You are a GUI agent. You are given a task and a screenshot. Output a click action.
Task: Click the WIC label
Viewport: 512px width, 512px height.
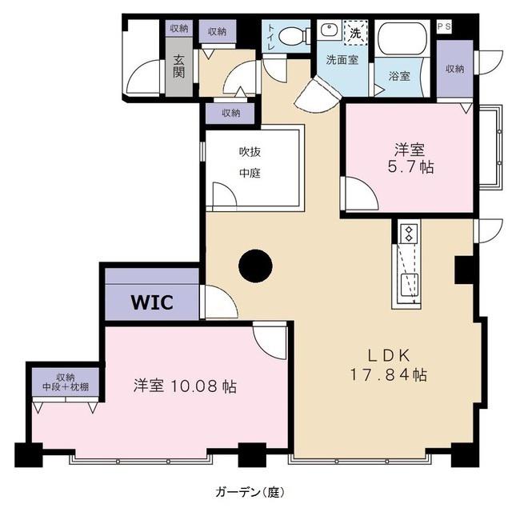tap(152, 302)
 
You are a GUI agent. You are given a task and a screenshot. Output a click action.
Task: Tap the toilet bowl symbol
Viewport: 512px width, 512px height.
tap(294, 35)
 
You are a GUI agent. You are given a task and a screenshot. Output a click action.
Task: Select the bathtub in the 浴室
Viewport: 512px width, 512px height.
tap(402, 38)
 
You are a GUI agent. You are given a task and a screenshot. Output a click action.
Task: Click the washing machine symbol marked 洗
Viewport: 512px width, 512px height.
tap(355, 33)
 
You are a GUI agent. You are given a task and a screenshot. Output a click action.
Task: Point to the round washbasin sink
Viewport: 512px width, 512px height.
tap(329, 30)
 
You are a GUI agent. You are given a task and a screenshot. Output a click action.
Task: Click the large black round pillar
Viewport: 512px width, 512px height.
tap(255, 266)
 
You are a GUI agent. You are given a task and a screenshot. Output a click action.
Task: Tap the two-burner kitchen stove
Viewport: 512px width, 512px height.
tap(409, 234)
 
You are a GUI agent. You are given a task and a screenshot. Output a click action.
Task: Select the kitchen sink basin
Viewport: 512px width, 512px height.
tap(410, 285)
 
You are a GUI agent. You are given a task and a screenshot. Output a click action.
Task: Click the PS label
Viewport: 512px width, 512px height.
tap(445, 26)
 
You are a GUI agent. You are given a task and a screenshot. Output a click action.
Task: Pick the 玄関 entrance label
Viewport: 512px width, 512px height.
tap(178, 66)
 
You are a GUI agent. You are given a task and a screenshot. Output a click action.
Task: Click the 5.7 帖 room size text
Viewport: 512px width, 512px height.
tap(410, 167)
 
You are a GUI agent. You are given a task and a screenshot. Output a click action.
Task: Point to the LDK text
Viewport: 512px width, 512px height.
tap(389, 355)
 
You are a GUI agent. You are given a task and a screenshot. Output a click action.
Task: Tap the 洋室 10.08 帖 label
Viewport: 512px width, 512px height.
tap(185, 386)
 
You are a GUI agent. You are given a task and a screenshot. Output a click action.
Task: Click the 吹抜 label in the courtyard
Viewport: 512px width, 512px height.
tap(250, 152)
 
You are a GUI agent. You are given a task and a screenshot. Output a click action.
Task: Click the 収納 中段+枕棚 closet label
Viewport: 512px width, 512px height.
tap(66, 382)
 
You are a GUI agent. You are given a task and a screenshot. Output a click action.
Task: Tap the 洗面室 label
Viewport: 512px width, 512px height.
tap(342, 60)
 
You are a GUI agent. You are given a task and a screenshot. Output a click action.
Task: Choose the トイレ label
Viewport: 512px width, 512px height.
tap(271, 37)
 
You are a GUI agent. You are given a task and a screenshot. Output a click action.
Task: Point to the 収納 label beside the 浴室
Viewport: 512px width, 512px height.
tap(455, 69)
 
